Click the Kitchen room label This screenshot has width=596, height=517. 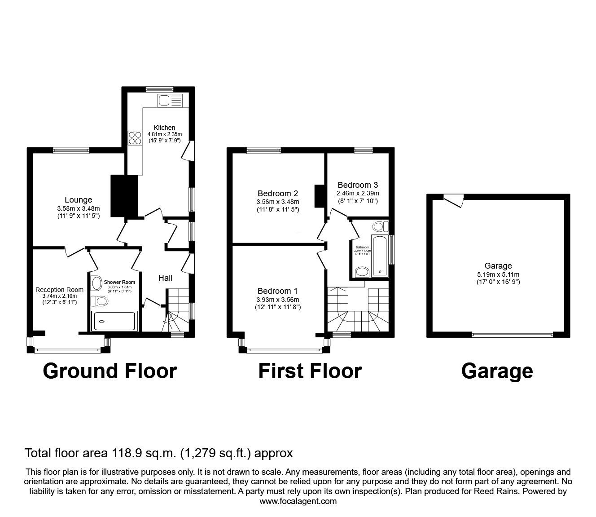(x=164, y=128)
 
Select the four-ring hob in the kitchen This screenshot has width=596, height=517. (x=135, y=138)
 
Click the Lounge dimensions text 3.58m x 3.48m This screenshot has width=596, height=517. (x=79, y=208)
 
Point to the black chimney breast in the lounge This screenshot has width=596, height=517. (x=124, y=196)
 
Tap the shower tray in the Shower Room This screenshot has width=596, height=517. (x=114, y=321)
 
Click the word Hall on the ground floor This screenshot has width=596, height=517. (x=165, y=278)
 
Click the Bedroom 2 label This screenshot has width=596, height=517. (x=277, y=194)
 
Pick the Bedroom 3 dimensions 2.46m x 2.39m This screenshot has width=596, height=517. (x=358, y=193)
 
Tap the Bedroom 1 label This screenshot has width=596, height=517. (x=277, y=291)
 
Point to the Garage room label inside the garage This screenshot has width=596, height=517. (x=498, y=266)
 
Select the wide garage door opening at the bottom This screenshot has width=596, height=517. (x=512, y=334)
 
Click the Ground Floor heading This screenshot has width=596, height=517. (x=110, y=371)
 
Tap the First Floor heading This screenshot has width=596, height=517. (x=310, y=371)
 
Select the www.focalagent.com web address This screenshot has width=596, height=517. (x=298, y=501)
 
